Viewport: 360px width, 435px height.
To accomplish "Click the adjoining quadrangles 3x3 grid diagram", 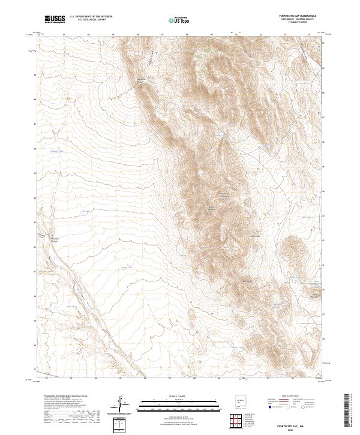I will click(239, 422).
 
